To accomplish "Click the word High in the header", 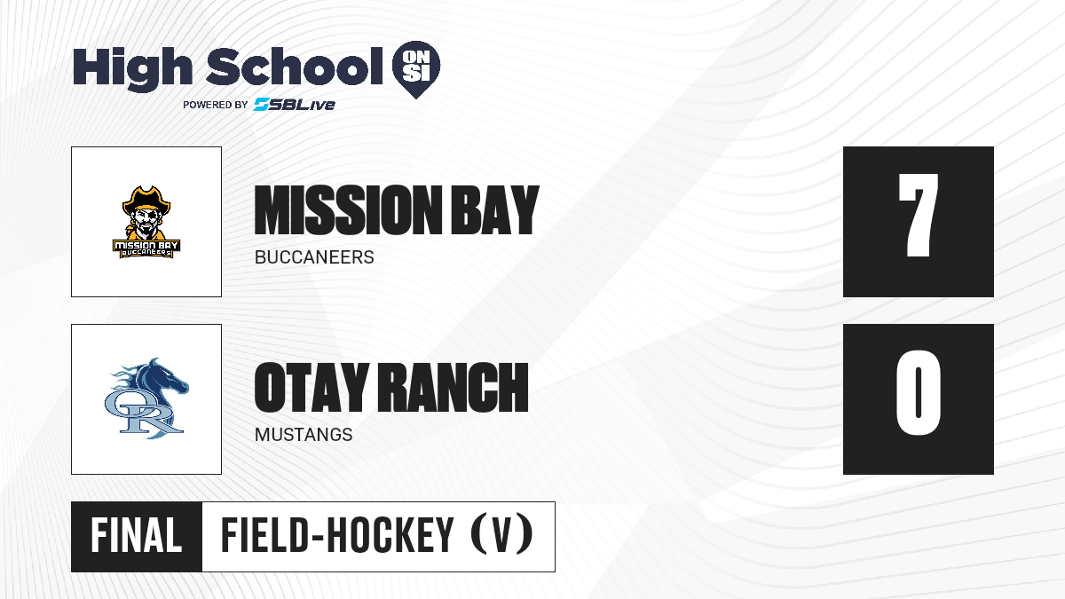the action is [x=133, y=69].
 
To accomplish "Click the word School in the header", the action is [x=295, y=67].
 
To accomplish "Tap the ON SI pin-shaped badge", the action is [x=416, y=69].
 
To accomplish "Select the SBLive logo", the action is [x=295, y=104].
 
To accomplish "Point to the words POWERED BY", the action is [x=216, y=105].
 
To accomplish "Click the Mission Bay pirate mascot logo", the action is [x=146, y=222].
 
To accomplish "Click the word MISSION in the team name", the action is [x=348, y=210].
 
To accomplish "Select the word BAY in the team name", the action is [x=494, y=210].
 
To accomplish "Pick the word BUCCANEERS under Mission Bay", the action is [x=314, y=257].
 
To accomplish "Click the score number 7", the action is [x=918, y=215].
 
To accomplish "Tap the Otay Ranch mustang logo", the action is [x=146, y=398].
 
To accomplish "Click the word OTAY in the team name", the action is [x=312, y=388].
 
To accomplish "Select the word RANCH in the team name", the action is [x=453, y=388].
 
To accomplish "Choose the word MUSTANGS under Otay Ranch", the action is [x=304, y=435].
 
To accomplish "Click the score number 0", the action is [x=918, y=392].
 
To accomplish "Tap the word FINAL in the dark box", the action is [x=137, y=536].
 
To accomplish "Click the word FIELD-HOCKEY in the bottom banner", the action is [x=337, y=536].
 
